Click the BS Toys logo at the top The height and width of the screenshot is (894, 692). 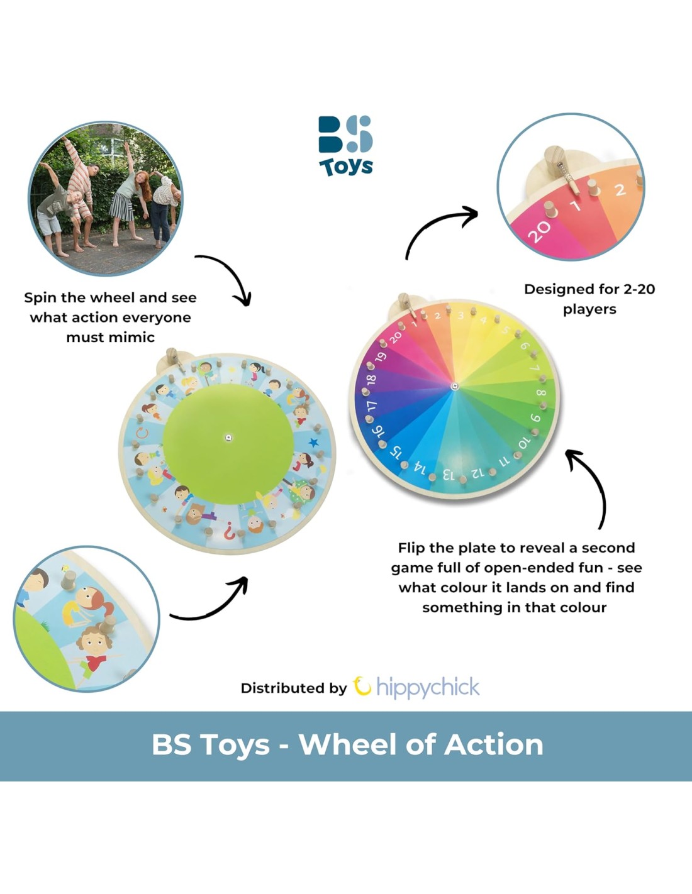click(346, 146)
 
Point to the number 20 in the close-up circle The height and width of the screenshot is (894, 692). click(539, 231)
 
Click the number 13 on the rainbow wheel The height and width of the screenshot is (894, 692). click(449, 475)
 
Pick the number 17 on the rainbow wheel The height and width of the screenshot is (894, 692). click(372, 407)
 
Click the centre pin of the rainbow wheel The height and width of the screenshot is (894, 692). click(454, 386)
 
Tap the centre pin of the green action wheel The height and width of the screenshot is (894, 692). click(229, 438)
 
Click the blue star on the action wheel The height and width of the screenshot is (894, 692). click(314, 443)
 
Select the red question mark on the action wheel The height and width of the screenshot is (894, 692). click(229, 531)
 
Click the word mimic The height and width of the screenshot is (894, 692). click(133, 338)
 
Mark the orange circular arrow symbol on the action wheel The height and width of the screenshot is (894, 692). click(142, 433)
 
